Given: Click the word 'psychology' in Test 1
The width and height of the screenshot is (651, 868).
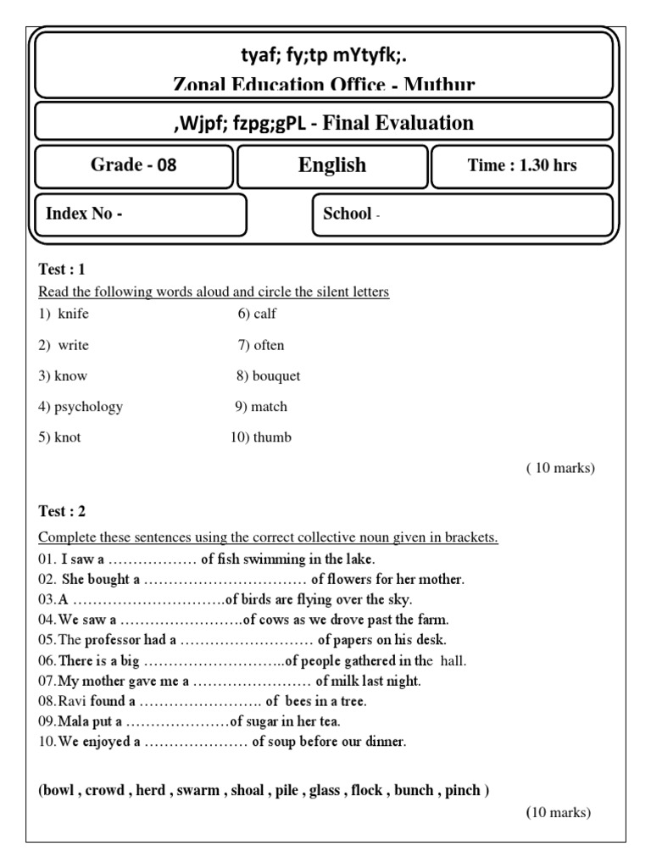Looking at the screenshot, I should pyautogui.click(x=88, y=407).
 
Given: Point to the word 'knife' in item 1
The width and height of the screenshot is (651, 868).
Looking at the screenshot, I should pyautogui.click(x=73, y=314).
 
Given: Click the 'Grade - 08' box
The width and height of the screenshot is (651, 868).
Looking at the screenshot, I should pyautogui.click(x=134, y=165).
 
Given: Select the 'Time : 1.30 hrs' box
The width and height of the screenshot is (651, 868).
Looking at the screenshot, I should pyautogui.click(x=521, y=165).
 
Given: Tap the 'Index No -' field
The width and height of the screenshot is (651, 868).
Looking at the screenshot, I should pyautogui.click(x=141, y=214).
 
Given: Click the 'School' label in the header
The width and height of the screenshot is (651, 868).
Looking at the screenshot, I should pyautogui.click(x=348, y=214).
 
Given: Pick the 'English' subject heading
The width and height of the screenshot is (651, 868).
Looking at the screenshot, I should pyautogui.click(x=332, y=165).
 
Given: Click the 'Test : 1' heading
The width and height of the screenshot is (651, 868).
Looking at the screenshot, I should pyautogui.click(x=62, y=270).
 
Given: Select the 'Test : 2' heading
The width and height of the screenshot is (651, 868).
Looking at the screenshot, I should pyautogui.click(x=62, y=511).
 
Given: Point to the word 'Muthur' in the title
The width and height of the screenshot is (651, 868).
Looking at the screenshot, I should pyautogui.click(x=440, y=85).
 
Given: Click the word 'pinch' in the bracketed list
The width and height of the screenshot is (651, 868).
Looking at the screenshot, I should pyautogui.click(x=463, y=791).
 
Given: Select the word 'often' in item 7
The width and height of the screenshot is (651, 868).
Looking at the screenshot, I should pyautogui.click(x=269, y=345).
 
